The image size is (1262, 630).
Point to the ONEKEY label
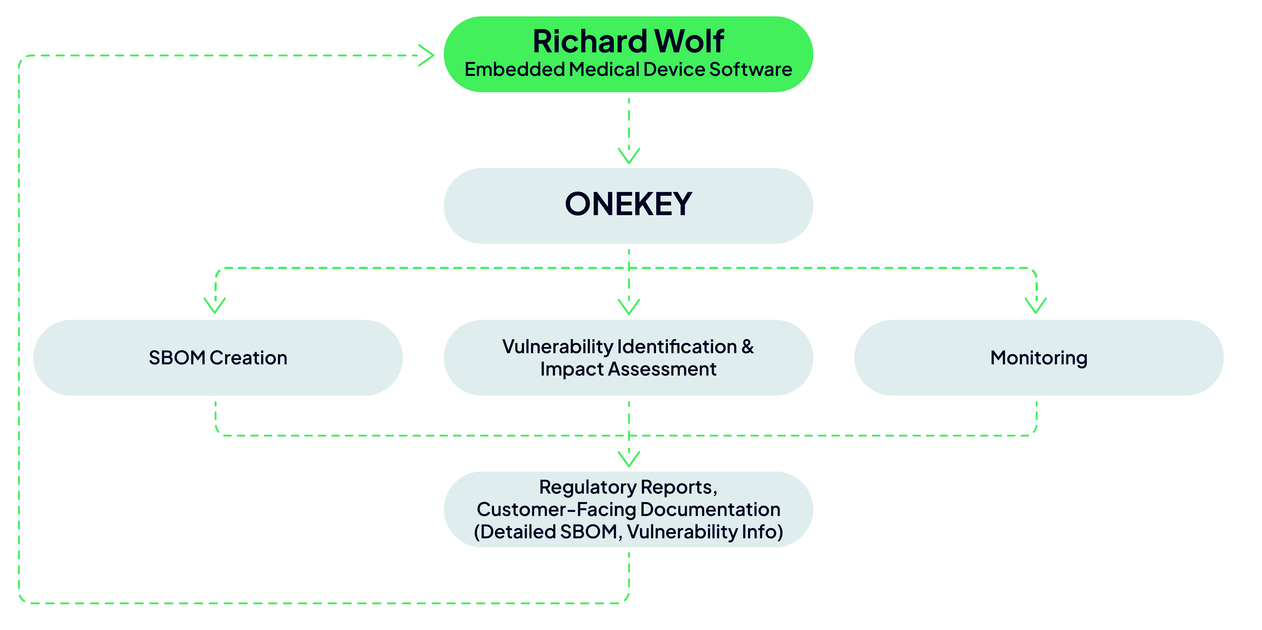pyautogui.click(x=629, y=204)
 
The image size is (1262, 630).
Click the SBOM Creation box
pyautogui.click(x=218, y=358)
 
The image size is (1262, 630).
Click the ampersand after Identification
pyautogui.click(x=748, y=347)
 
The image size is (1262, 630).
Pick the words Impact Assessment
pyautogui.click(x=629, y=369)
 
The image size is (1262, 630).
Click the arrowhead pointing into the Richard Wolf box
pyautogui.click(x=426, y=55)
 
